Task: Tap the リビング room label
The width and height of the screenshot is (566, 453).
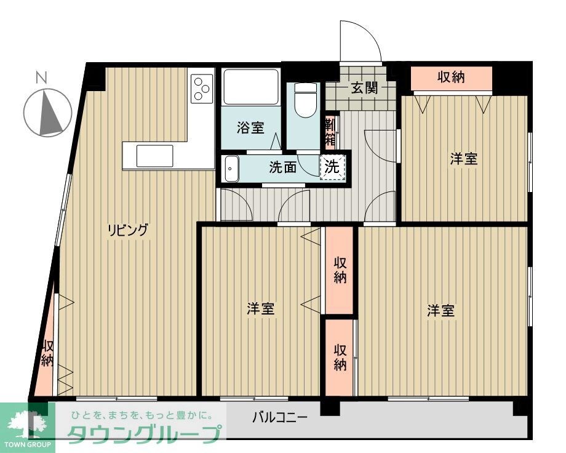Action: [x=129, y=231]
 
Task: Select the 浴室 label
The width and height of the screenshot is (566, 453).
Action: [x=251, y=128]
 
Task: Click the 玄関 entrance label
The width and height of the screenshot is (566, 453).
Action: [x=364, y=88]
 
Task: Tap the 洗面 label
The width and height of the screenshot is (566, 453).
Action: [x=283, y=167]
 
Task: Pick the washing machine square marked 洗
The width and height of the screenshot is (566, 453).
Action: [x=332, y=166]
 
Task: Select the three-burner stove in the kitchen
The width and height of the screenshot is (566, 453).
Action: [x=201, y=87]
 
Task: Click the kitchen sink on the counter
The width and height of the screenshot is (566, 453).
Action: [x=154, y=156]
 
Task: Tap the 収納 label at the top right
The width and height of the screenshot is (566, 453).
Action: [x=451, y=78]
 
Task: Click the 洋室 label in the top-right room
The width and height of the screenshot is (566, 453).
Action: [x=463, y=159]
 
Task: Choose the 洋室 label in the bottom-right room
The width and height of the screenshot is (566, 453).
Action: [x=441, y=311]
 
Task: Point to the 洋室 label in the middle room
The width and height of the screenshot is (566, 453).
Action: [x=261, y=308]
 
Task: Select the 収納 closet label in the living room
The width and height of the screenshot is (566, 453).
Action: [x=47, y=354]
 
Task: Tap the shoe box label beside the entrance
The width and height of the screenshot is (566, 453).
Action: [x=330, y=130]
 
